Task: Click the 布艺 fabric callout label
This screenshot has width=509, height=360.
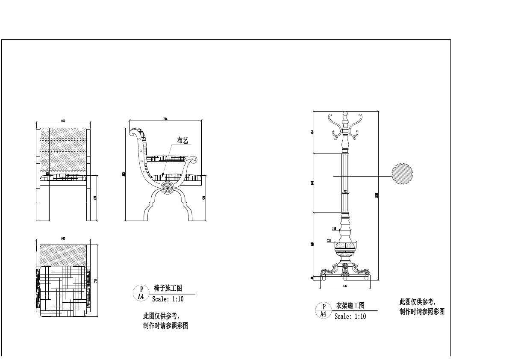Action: pyautogui.click(x=183, y=140)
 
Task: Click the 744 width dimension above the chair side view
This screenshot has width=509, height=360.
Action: pyautogui.click(x=165, y=119)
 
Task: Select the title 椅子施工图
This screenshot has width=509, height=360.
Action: pyautogui.click(x=168, y=288)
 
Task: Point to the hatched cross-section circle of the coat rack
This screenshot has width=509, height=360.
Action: pyautogui.click(x=402, y=174)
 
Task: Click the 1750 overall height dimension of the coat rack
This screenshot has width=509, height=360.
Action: pyautogui.click(x=376, y=195)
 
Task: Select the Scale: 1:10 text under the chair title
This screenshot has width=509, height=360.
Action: pyautogui.click(x=168, y=299)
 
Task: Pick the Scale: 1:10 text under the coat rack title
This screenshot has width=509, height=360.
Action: pyautogui.click(x=350, y=316)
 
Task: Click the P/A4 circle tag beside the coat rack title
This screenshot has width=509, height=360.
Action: pyautogui.click(x=324, y=310)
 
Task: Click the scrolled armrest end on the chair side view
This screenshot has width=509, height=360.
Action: pyautogui.click(x=194, y=160)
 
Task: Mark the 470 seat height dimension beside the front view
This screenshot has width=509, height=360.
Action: pyautogui.click(x=95, y=198)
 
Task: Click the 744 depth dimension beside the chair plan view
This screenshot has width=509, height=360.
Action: pyautogui.click(x=95, y=280)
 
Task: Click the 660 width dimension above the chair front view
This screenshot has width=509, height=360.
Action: pyautogui.click(x=63, y=121)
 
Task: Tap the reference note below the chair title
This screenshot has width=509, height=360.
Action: pyautogui.click(x=165, y=321)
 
